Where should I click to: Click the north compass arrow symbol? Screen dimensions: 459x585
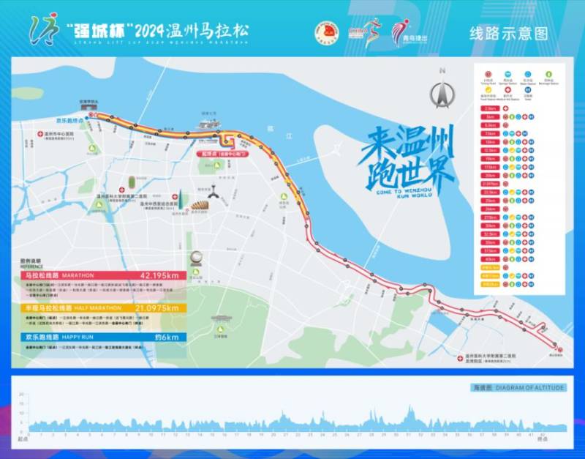(x=441, y=94)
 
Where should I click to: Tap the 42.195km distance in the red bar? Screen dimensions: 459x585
(x=156, y=275)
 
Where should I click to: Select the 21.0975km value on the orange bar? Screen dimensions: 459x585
(x=157, y=308)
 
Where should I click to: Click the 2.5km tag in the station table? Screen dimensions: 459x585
(x=488, y=108)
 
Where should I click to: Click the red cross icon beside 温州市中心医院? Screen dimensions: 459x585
(x=41, y=135)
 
